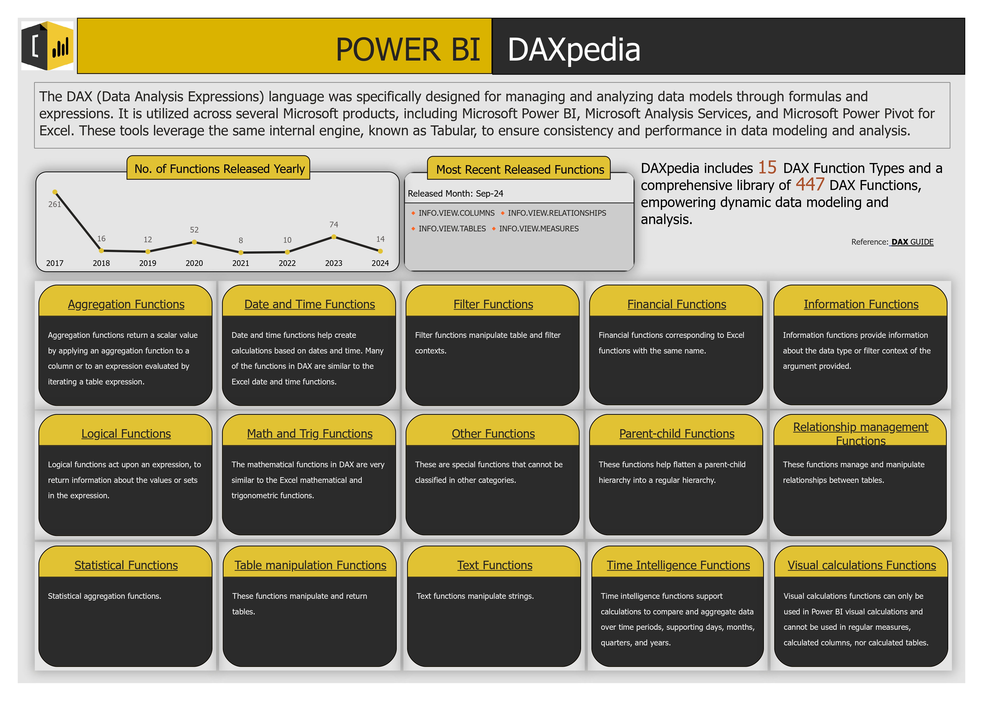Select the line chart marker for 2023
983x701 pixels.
click(334, 237)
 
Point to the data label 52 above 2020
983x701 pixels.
click(194, 230)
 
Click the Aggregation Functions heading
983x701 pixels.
click(126, 304)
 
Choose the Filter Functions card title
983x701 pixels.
click(493, 304)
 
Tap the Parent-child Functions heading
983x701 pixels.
click(677, 434)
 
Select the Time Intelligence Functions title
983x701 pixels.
click(678, 565)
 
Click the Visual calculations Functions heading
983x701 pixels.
click(861, 565)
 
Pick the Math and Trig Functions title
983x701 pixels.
click(310, 434)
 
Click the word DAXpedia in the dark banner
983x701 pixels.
click(574, 50)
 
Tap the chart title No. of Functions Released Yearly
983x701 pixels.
click(220, 169)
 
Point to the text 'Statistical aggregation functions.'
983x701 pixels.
click(104, 596)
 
